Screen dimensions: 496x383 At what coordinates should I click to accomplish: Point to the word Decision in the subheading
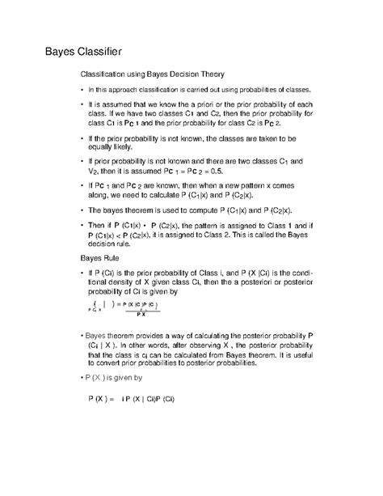click(x=180, y=74)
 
